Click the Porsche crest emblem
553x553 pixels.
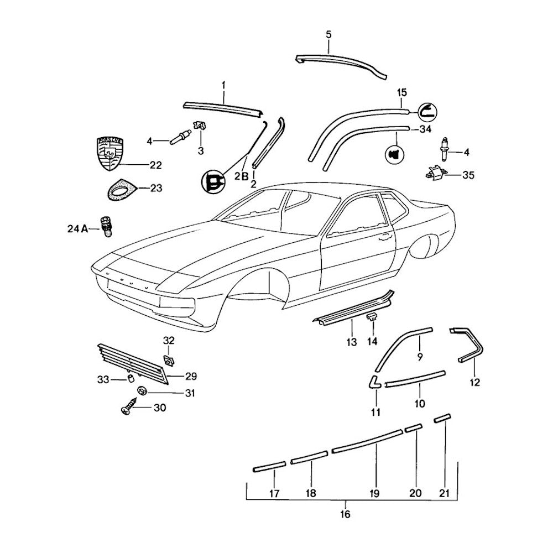[x=112, y=154]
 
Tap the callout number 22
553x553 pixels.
[x=155, y=165]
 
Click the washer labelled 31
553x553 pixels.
[x=142, y=392]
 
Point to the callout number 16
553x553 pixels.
[x=345, y=514]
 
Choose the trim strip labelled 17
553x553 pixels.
[x=269, y=467]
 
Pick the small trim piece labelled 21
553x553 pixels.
[x=442, y=418]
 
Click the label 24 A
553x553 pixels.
[x=78, y=228]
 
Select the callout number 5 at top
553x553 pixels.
[x=328, y=35]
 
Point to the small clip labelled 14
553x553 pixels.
[x=372, y=316]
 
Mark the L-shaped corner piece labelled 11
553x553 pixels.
[x=374, y=383]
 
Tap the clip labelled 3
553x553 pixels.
[x=200, y=125]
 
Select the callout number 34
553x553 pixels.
[x=425, y=130]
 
